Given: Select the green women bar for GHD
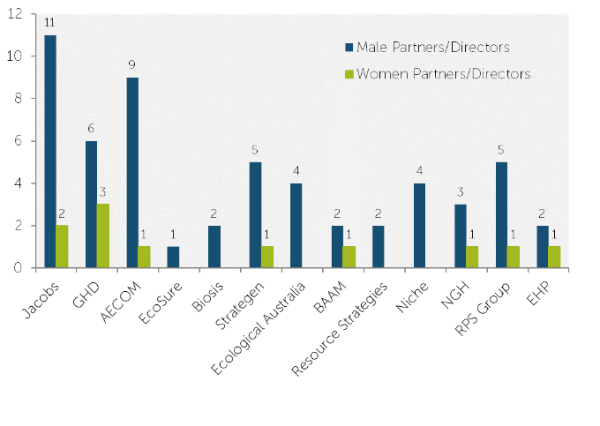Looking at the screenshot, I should [x=102, y=235].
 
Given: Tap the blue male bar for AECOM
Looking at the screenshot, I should [x=132, y=173].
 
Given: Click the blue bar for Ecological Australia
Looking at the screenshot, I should [x=296, y=226].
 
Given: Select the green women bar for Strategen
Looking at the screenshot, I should [x=266, y=257].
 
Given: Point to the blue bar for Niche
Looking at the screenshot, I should [x=419, y=226].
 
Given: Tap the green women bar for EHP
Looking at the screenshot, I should [x=554, y=257].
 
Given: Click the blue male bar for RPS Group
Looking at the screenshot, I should [x=501, y=215].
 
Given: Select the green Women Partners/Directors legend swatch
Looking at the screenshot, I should [x=349, y=74].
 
